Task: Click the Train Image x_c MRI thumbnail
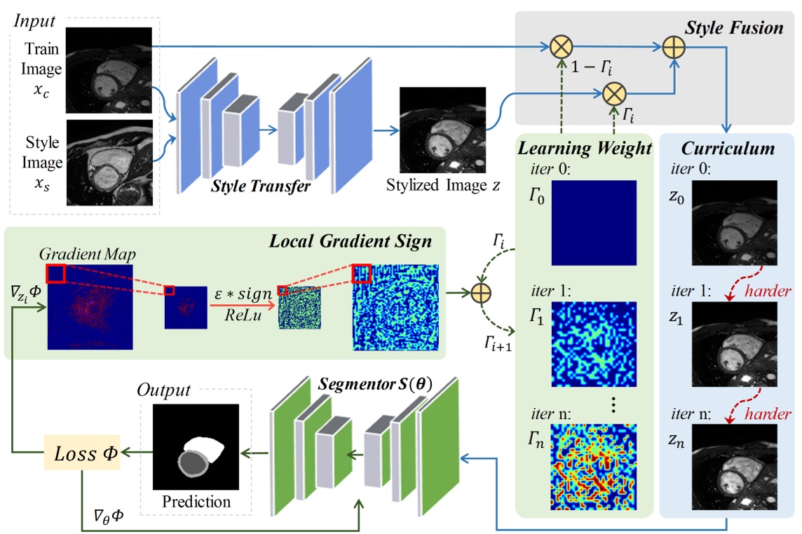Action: (109, 69)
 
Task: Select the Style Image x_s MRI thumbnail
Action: (109, 162)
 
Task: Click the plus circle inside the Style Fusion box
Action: (674, 48)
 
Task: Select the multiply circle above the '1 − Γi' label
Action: (562, 48)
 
